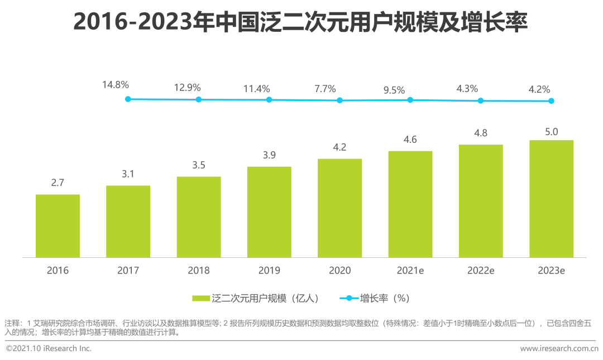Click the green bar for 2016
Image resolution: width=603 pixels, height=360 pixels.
58,226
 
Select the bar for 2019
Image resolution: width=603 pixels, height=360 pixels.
269,212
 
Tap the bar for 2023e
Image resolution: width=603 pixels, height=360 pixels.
551,199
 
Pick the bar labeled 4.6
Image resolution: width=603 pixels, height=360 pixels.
410,204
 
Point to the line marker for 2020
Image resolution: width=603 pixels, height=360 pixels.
339,100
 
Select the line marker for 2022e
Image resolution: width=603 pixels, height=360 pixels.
480,100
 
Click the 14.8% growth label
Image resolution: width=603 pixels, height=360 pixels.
116,85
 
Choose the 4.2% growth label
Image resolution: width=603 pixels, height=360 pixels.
539,89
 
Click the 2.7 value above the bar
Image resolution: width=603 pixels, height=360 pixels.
58,183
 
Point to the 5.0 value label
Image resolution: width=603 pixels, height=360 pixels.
551,131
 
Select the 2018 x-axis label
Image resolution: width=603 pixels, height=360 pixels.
199,271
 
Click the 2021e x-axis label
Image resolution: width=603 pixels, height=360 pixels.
410,271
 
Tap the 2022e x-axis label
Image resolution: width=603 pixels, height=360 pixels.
481,271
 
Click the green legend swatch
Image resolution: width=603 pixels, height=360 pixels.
200,299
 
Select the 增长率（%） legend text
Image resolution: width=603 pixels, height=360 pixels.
385,299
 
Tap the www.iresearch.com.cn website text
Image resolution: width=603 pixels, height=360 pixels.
559,349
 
